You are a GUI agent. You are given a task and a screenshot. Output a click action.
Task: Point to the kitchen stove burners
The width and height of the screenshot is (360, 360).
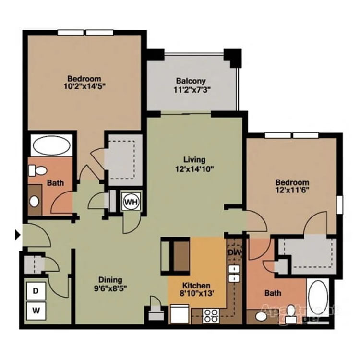(211, 316)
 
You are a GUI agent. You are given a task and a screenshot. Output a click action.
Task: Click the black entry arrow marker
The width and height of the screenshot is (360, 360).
(18, 235)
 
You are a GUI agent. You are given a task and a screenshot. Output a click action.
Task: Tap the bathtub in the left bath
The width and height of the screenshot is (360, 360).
(51, 145)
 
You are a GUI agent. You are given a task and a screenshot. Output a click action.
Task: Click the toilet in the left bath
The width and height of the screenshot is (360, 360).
(37, 170)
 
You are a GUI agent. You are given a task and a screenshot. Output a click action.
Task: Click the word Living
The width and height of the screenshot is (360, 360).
(194, 159)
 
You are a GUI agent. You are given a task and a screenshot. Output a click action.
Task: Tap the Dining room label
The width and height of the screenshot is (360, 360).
(110, 280)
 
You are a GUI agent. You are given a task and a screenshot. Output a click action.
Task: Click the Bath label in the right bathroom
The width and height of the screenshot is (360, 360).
(273, 293)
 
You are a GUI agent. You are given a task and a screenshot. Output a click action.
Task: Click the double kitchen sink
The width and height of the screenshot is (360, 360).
(234, 274)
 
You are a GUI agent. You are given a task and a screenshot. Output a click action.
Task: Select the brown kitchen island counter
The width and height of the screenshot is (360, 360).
(180, 256)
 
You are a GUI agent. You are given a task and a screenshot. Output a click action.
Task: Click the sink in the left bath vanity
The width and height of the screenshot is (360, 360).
(35, 201)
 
